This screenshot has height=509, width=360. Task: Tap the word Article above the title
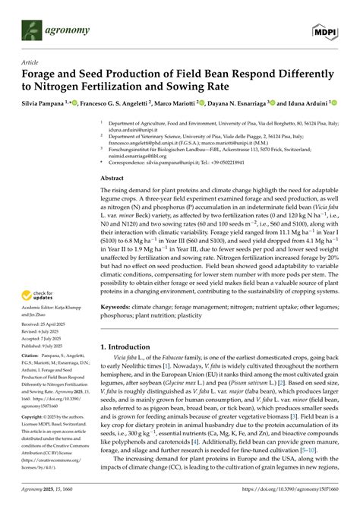click(33, 63)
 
